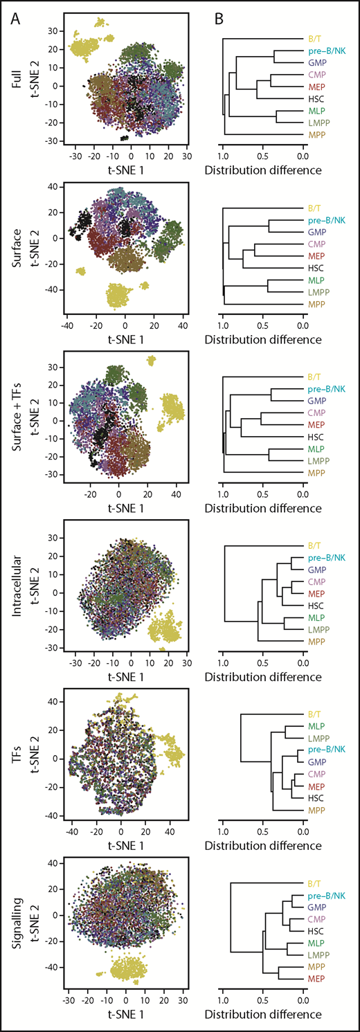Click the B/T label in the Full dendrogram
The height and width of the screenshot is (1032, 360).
(x=315, y=39)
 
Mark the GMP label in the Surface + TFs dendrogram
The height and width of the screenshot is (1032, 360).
(x=317, y=401)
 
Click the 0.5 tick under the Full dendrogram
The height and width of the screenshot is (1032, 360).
(x=262, y=158)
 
